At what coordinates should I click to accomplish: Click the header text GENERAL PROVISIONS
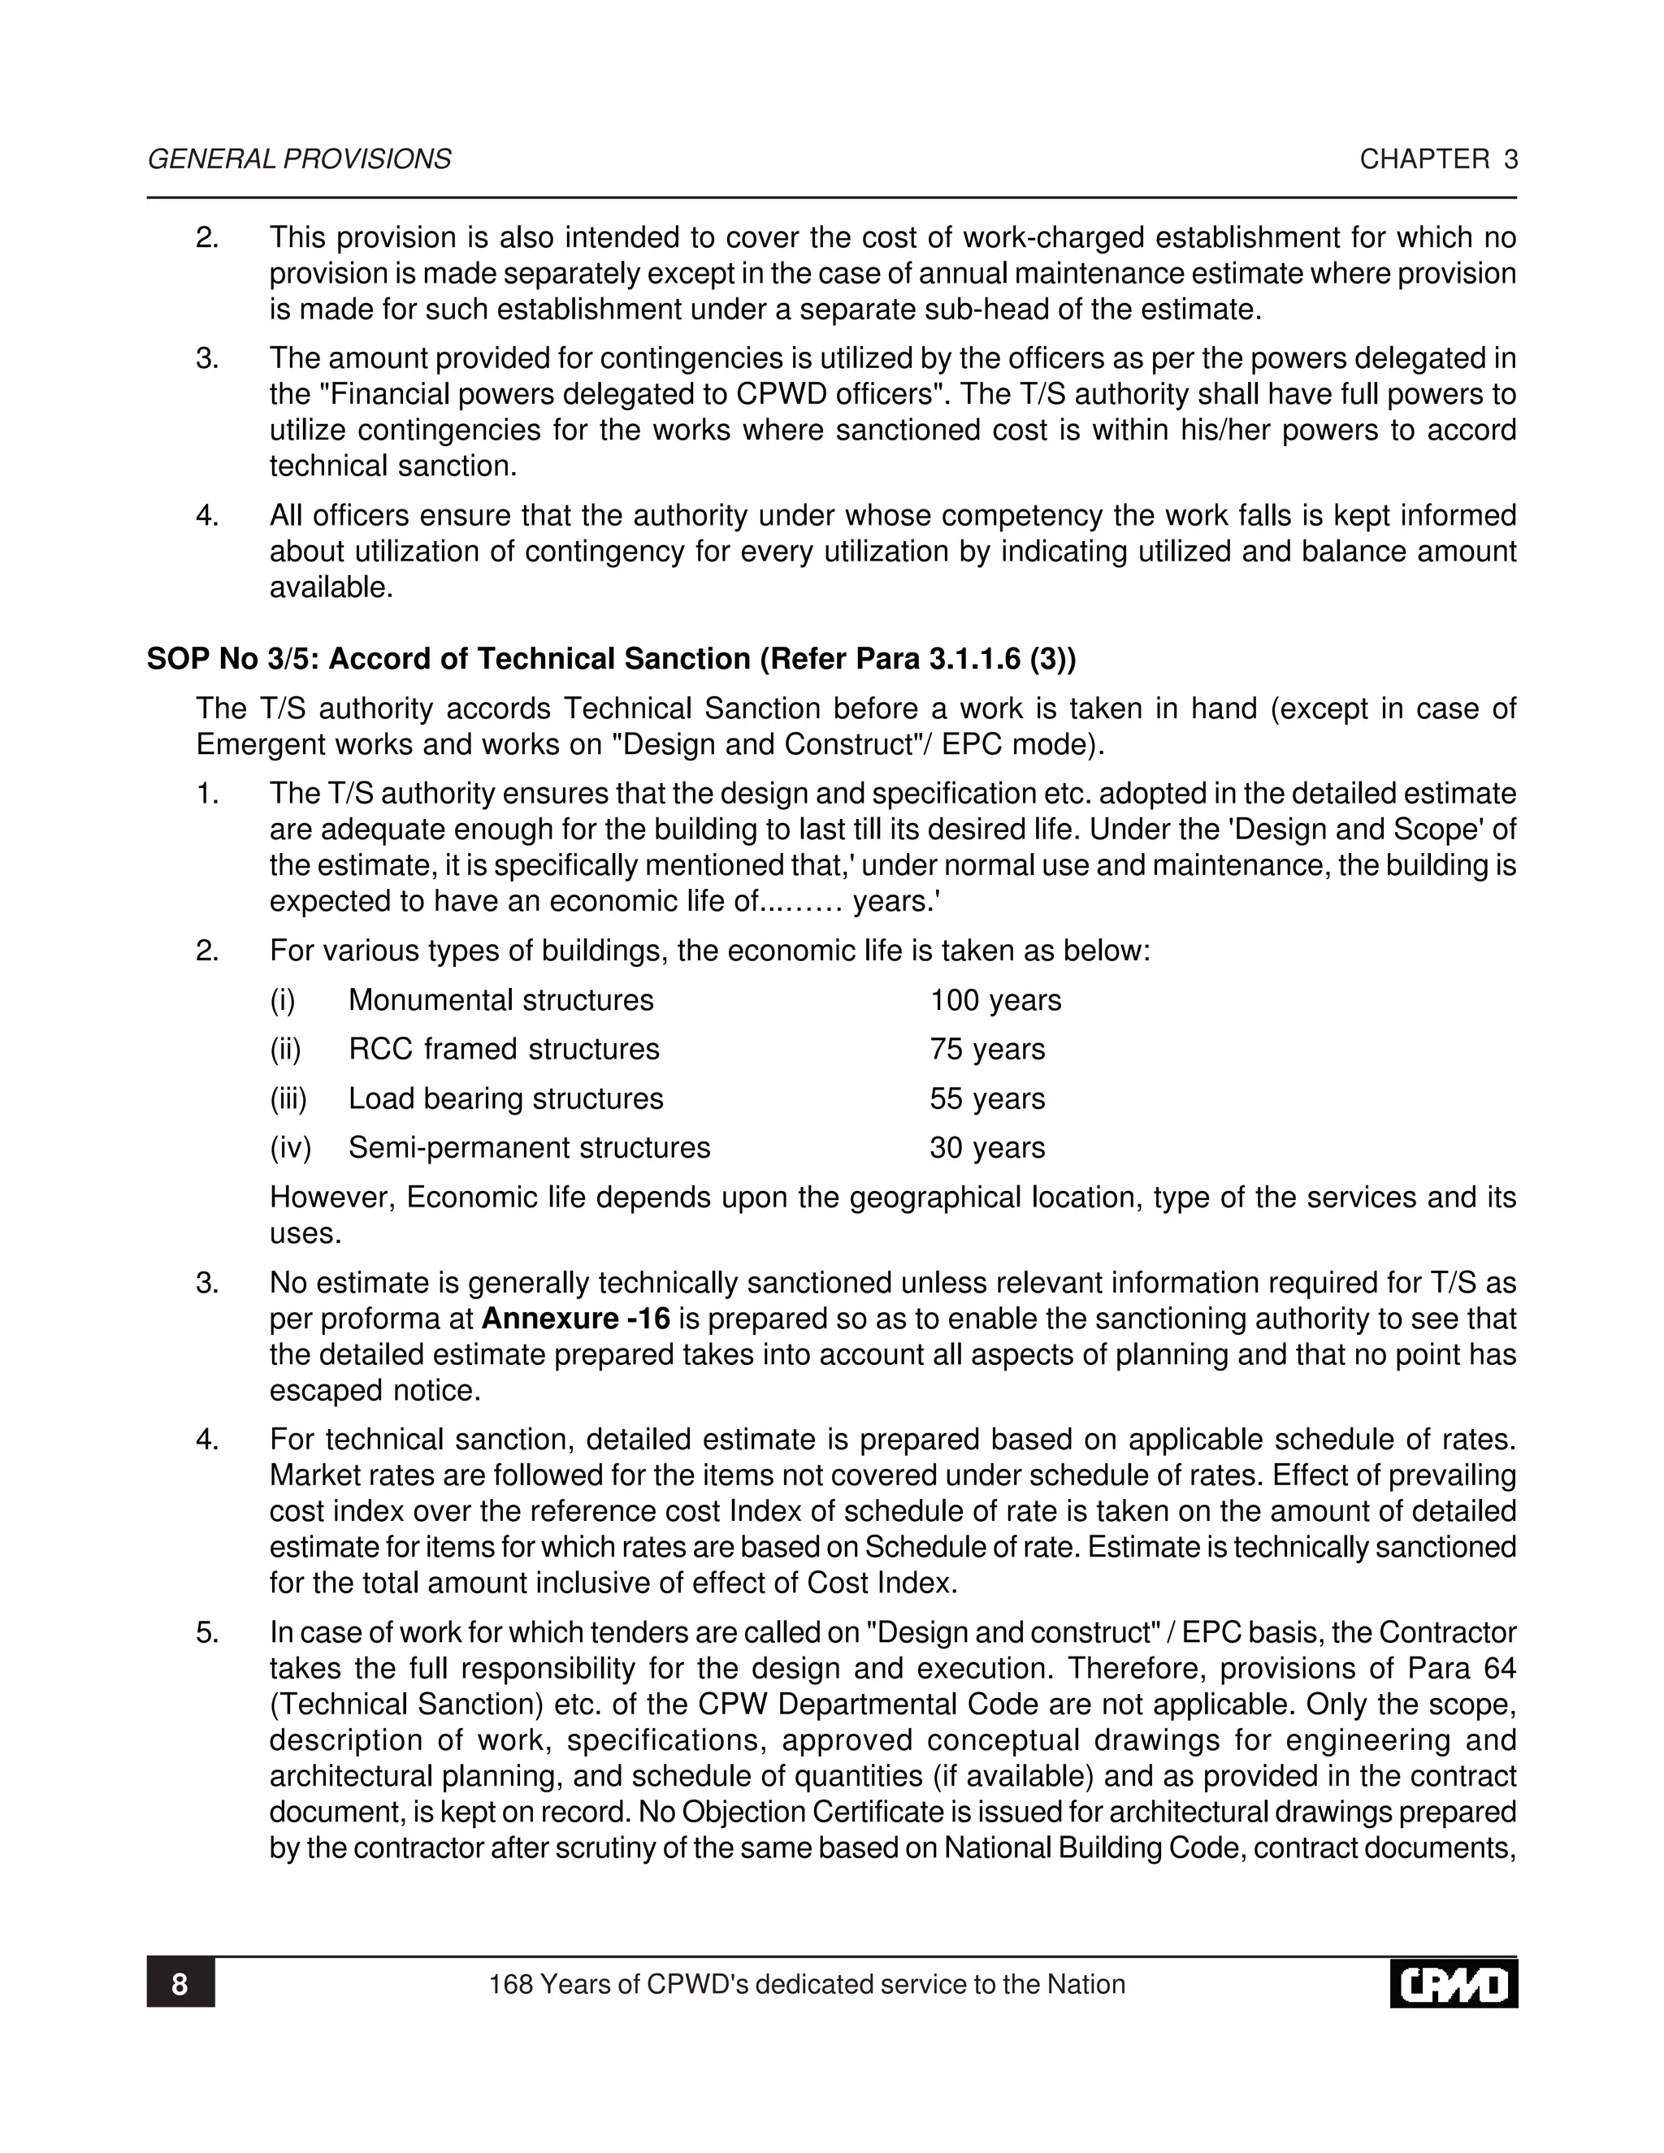(299, 160)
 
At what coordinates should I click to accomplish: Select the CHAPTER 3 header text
(1438, 160)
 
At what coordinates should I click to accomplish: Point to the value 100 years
(994, 1001)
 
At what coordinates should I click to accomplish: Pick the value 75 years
(986, 1049)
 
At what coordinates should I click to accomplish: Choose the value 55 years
(986, 1098)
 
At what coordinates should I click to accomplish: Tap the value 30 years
(986, 1147)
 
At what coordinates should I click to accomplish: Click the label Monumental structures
(500, 1001)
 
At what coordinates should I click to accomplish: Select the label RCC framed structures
(504, 1049)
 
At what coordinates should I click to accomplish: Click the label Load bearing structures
(505, 1098)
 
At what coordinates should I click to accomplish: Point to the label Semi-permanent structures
(530, 1147)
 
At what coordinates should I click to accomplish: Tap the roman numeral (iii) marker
(288, 1098)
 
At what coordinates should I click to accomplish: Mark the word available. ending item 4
(331, 588)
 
